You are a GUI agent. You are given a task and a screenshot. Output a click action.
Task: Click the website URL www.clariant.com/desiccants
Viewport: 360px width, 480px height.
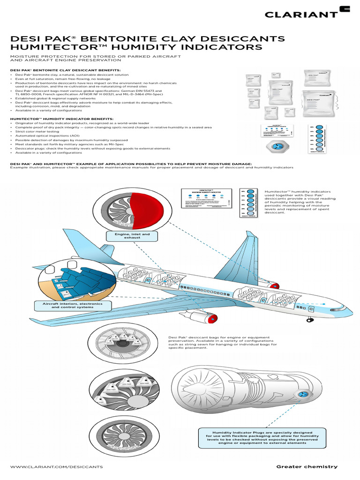click(x=56, y=467)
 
